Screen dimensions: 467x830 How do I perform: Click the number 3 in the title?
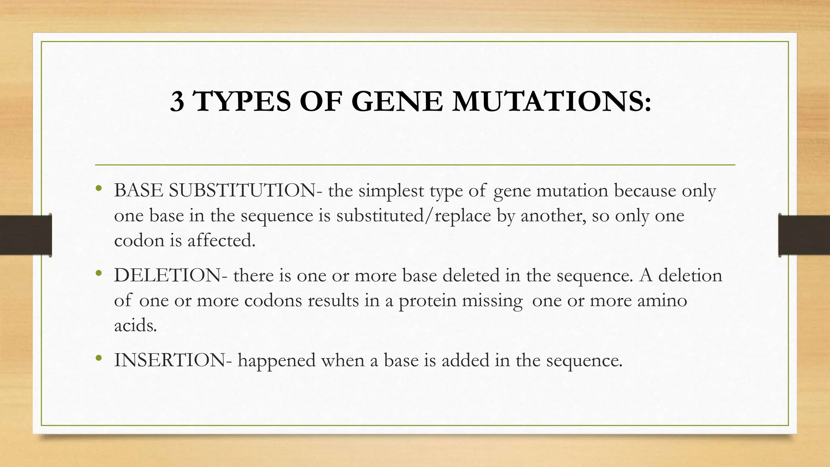pos(177,101)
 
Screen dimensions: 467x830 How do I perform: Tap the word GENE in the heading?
pos(396,101)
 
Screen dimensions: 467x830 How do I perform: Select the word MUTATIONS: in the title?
pos(552,101)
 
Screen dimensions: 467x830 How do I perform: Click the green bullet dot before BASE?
pos(98,188)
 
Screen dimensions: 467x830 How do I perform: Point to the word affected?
pos(221,241)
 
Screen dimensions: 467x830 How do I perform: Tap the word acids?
pos(135,326)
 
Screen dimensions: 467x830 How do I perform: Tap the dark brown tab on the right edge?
pos(804,235)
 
